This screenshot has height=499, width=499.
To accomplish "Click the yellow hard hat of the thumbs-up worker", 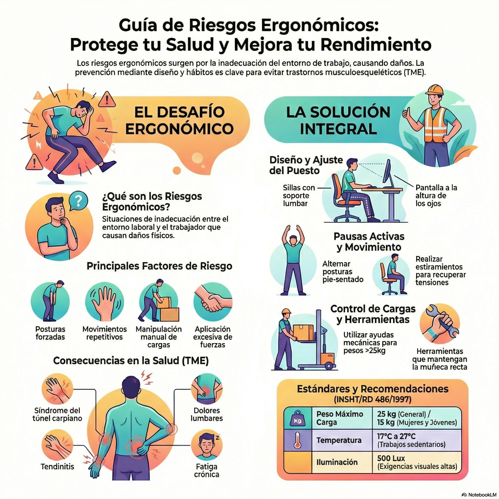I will coord(434,90).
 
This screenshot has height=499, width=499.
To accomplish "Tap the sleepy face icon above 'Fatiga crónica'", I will coord(206,446).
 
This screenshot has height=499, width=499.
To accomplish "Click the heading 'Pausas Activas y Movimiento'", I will coord(369,242).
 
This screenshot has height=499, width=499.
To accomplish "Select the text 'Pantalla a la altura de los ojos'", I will coord(436,195).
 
